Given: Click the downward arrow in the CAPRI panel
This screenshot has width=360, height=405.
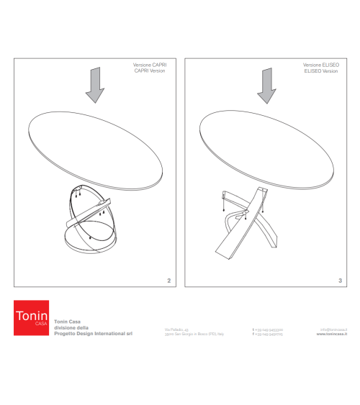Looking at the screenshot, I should [x=94, y=86].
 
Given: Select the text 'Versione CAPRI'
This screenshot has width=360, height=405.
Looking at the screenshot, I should [x=150, y=65].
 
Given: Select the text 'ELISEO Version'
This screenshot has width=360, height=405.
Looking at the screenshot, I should [x=321, y=71].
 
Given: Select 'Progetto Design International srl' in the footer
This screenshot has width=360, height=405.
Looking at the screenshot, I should [x=94, y=334].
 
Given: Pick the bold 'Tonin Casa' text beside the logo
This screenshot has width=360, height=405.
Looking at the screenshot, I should [x=68, y=322].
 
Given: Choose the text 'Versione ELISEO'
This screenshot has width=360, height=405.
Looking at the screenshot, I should [x=321, y=65].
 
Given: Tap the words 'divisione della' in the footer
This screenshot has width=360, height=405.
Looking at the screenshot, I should [x=72, y=328].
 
